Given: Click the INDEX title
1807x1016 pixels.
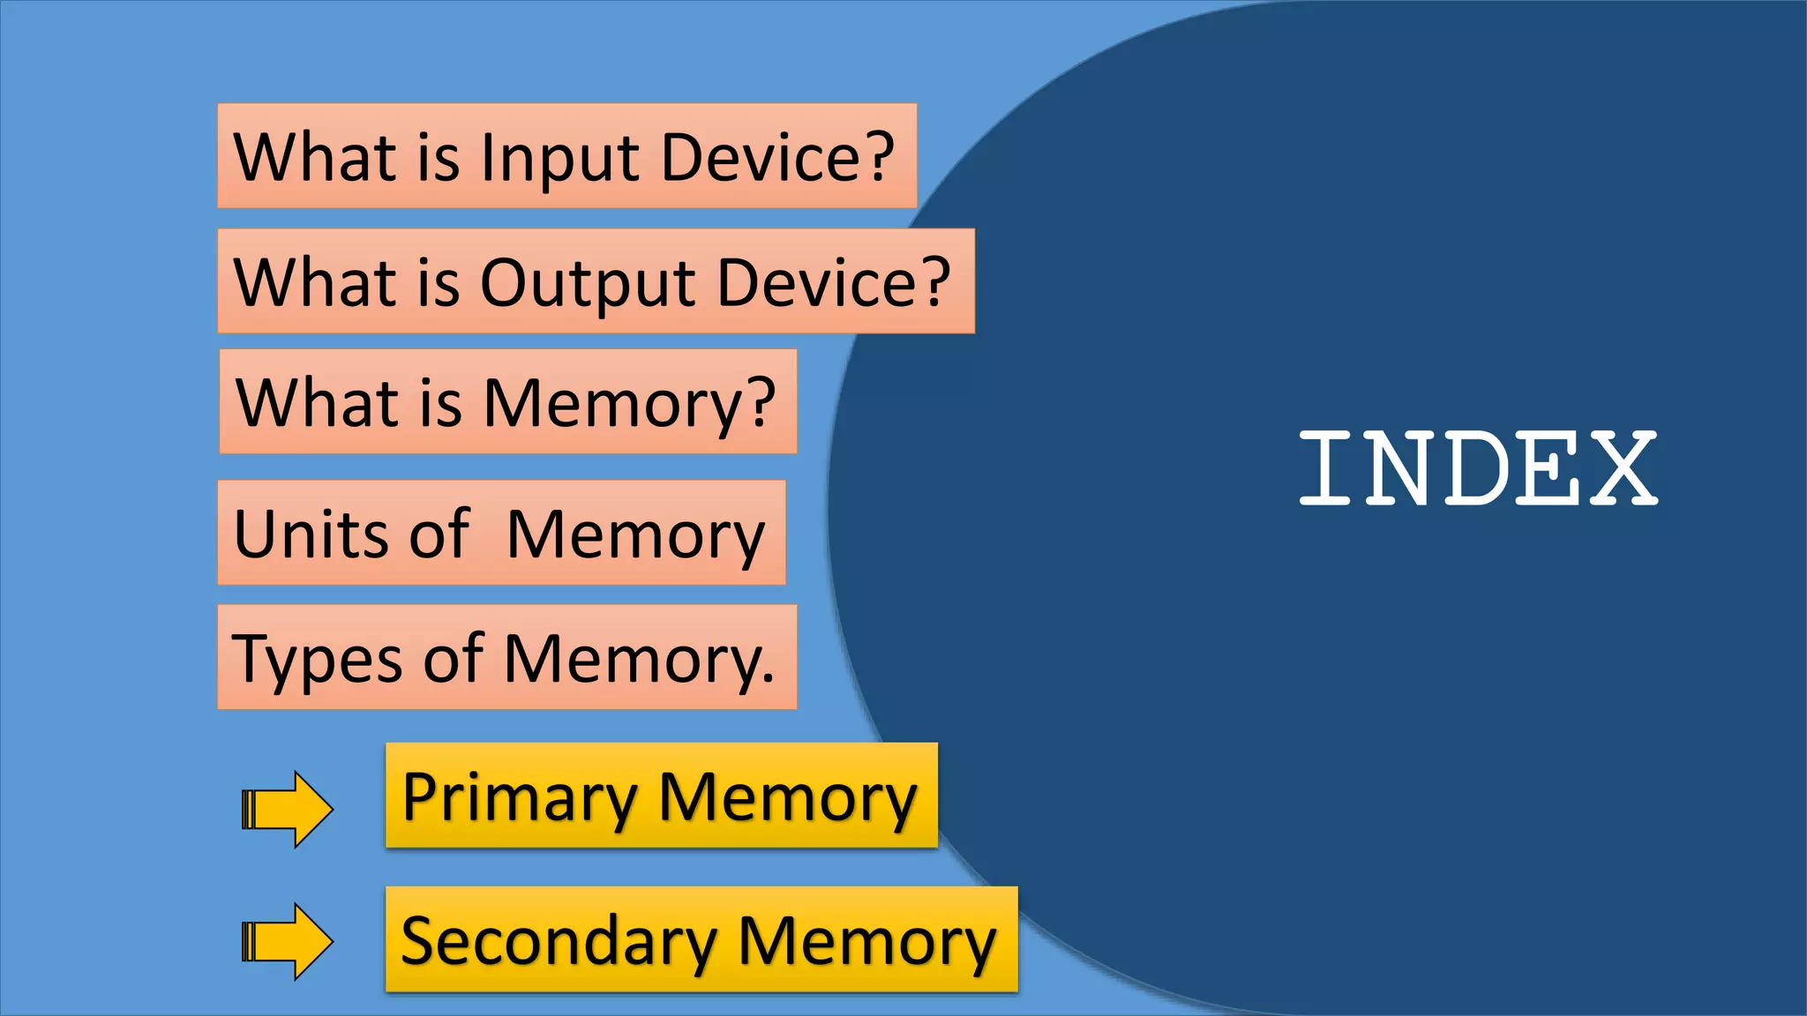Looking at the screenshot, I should pyautogui.click(x=1478, y=468).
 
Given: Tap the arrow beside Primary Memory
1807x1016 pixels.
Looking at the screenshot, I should pyautogui.click(x=288, y=809).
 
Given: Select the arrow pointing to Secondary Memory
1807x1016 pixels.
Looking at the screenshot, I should pyautogui.click(x=288, y=941).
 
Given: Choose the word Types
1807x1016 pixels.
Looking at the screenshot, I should pyautogui.click(x=318, y=660).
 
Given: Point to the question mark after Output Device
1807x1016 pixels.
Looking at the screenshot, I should pyautogui.click(x=933, y=282).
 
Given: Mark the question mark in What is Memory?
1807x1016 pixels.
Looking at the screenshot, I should pyautogui.click(x=757, y=402).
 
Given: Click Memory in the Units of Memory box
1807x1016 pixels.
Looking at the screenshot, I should pyautogui.click(x=635, y=536).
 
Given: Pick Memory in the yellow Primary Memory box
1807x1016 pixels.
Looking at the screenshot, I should pyautogui.click(x=787, y=797).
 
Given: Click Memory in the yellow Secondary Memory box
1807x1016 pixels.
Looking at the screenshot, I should pyautogui.click(x=866, y=942).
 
